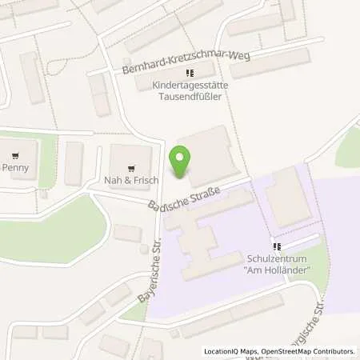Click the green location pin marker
tap(183, 162)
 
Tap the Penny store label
tap(15, 168)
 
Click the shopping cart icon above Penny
tap(15, 155)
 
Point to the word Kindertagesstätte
tap(190, 86)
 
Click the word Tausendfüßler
tap(190, 97)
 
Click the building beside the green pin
tap(210, 154)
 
